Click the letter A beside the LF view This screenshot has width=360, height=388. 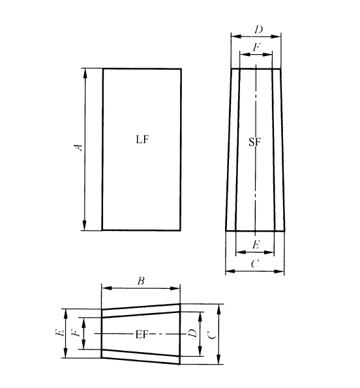coord(78,148)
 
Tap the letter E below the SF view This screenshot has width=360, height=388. coord(255,245)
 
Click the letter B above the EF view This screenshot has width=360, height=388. coord(140,282)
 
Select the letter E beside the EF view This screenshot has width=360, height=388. coord(59,333)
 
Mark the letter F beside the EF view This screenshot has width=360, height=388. coord(76,333)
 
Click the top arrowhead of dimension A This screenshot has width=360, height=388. coord(85,71)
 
